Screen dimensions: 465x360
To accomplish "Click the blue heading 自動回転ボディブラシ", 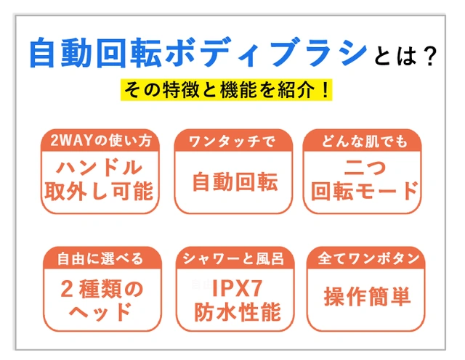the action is click(x=198, y=54).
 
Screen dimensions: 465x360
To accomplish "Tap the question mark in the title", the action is click(x=429, y=57).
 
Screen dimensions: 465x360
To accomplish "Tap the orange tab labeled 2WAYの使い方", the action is click(x=100, y=140).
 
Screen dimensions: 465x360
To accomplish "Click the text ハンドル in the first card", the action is click(x=100, y=168).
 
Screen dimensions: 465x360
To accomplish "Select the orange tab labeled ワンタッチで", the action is click(x=232, y=140).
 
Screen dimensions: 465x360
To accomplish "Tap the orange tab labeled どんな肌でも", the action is click(x=365, y=140).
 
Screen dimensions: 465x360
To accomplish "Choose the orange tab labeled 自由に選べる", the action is click(x=100, y=258).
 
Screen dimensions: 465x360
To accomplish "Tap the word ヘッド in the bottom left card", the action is click(x=100, y=312).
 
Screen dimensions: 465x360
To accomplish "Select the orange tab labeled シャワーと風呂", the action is click(x=233, y=258).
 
